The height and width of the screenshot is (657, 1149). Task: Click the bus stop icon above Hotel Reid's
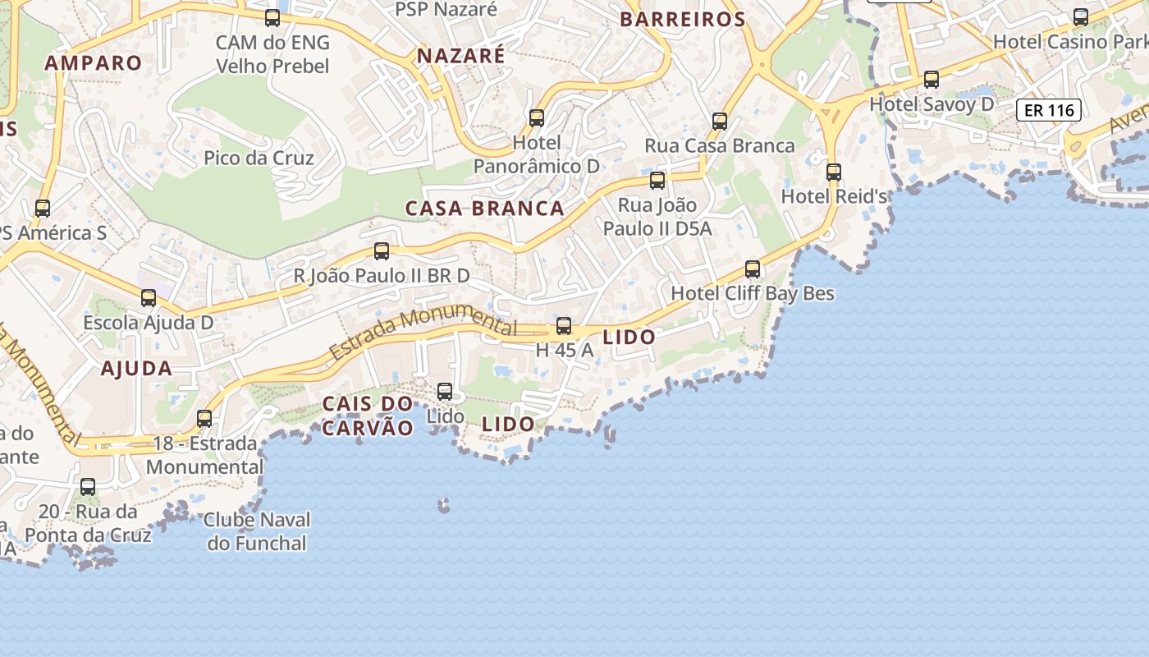tap(834, 172)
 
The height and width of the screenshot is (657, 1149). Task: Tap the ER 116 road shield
tap(1049, 110)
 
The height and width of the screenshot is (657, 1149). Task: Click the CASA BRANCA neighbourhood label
tap(484, 209)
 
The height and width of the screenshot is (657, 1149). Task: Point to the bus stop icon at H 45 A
tap(564, 326)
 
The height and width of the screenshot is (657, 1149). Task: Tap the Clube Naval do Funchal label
tap(257, 531)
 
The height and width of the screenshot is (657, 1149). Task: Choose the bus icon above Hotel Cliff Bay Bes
tap(753, 269)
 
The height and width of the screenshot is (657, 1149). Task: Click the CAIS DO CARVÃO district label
tap(367, 416)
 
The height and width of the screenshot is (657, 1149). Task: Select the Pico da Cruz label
tap(259, 158)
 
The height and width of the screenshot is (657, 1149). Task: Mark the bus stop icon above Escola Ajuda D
tap(149, 298)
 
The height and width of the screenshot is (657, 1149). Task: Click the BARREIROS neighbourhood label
tap(682, 20)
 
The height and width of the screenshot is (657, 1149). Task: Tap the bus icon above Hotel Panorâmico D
tap(537, 118)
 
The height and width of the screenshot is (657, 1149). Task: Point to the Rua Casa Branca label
tap(719, 145)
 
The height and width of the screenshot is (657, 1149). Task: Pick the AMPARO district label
tap(93, 63)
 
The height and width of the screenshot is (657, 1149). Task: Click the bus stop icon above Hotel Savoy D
tap(932, 80)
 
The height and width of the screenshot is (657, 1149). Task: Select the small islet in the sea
tap(444, 505)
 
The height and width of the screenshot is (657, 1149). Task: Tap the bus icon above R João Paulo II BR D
tap(382, 251)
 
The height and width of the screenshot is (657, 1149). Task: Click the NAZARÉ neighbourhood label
tap(460, 56)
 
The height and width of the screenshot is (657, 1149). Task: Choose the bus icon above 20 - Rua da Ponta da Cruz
tap(88, 487)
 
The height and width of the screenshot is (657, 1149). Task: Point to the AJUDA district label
tap(136, 369)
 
